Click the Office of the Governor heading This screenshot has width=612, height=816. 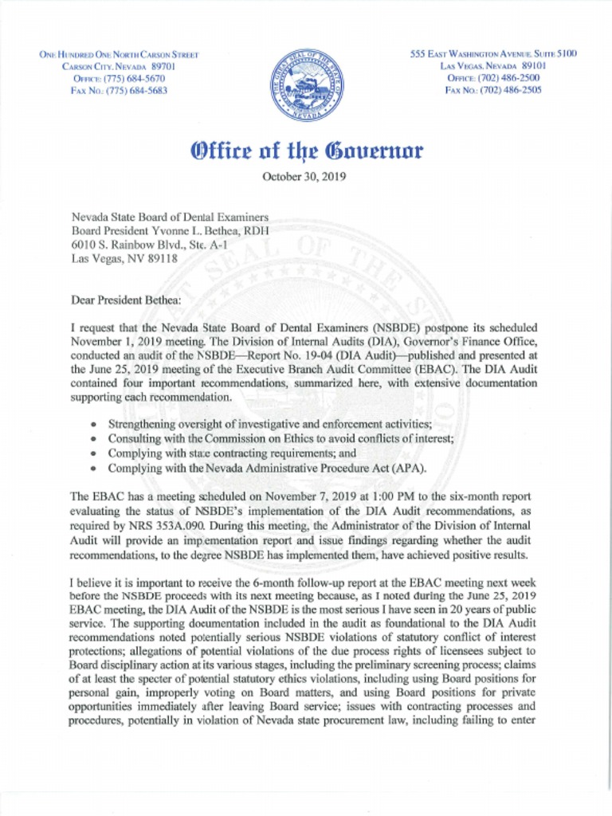tap(305, 150)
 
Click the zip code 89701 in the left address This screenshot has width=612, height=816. tap(169, 67)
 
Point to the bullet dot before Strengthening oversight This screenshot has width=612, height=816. tap(95, 425)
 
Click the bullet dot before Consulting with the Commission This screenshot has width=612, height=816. tap(95, 439)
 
